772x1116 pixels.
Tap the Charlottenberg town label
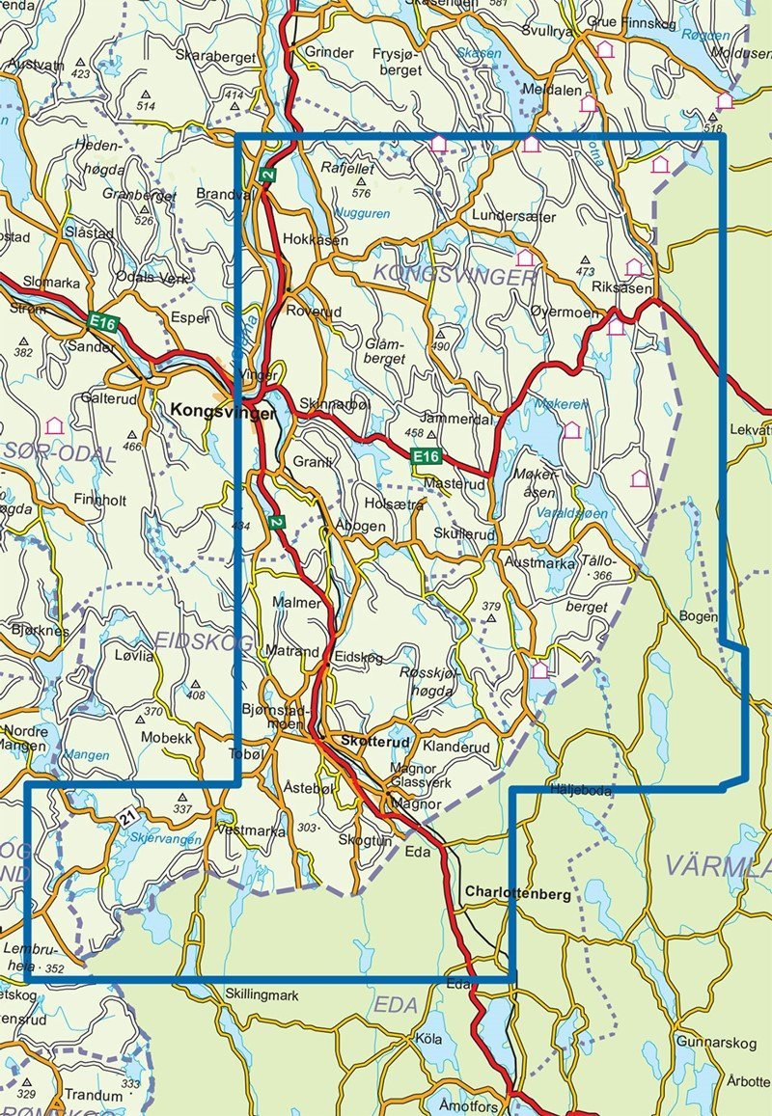[x=517, y=893]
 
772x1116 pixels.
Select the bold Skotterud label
[x=375, y=742]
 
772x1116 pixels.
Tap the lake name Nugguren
[x=362, y=213]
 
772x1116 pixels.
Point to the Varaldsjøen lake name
[x=571, y=514]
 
